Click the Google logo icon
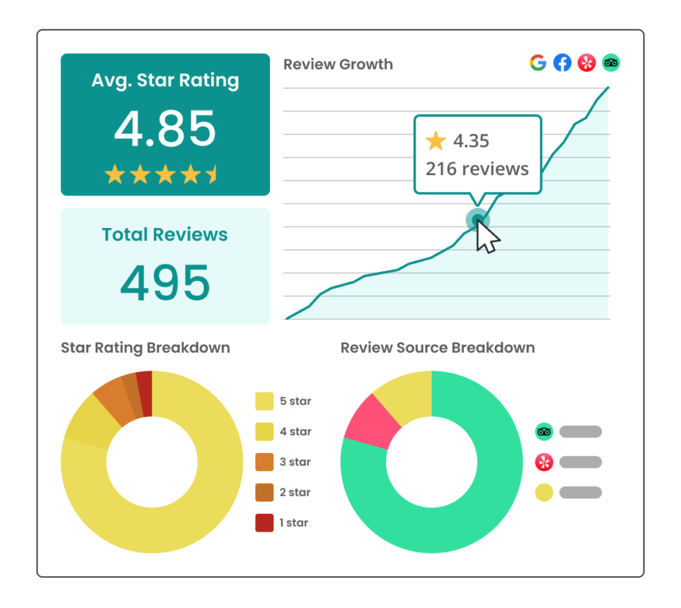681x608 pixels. (538, 63)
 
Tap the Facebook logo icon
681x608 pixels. (562, 63)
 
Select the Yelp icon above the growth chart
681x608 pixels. (586, 63)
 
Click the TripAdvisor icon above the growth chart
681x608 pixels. (610, 63)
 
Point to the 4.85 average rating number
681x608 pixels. (165, 129)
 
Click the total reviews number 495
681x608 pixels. (165, 283)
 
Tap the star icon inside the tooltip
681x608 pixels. (436, 140)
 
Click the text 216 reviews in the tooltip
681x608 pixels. (477, 169)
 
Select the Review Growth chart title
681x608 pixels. (338, 65)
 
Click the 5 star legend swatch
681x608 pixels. (264, 401)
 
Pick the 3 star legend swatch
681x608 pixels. (264, 462)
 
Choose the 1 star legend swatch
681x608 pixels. (264, 523)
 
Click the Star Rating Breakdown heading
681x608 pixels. (145, 348)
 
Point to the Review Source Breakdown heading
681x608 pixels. (437, 348)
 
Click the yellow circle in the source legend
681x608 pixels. (543, 493)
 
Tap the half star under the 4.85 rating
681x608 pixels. (212, 174)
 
